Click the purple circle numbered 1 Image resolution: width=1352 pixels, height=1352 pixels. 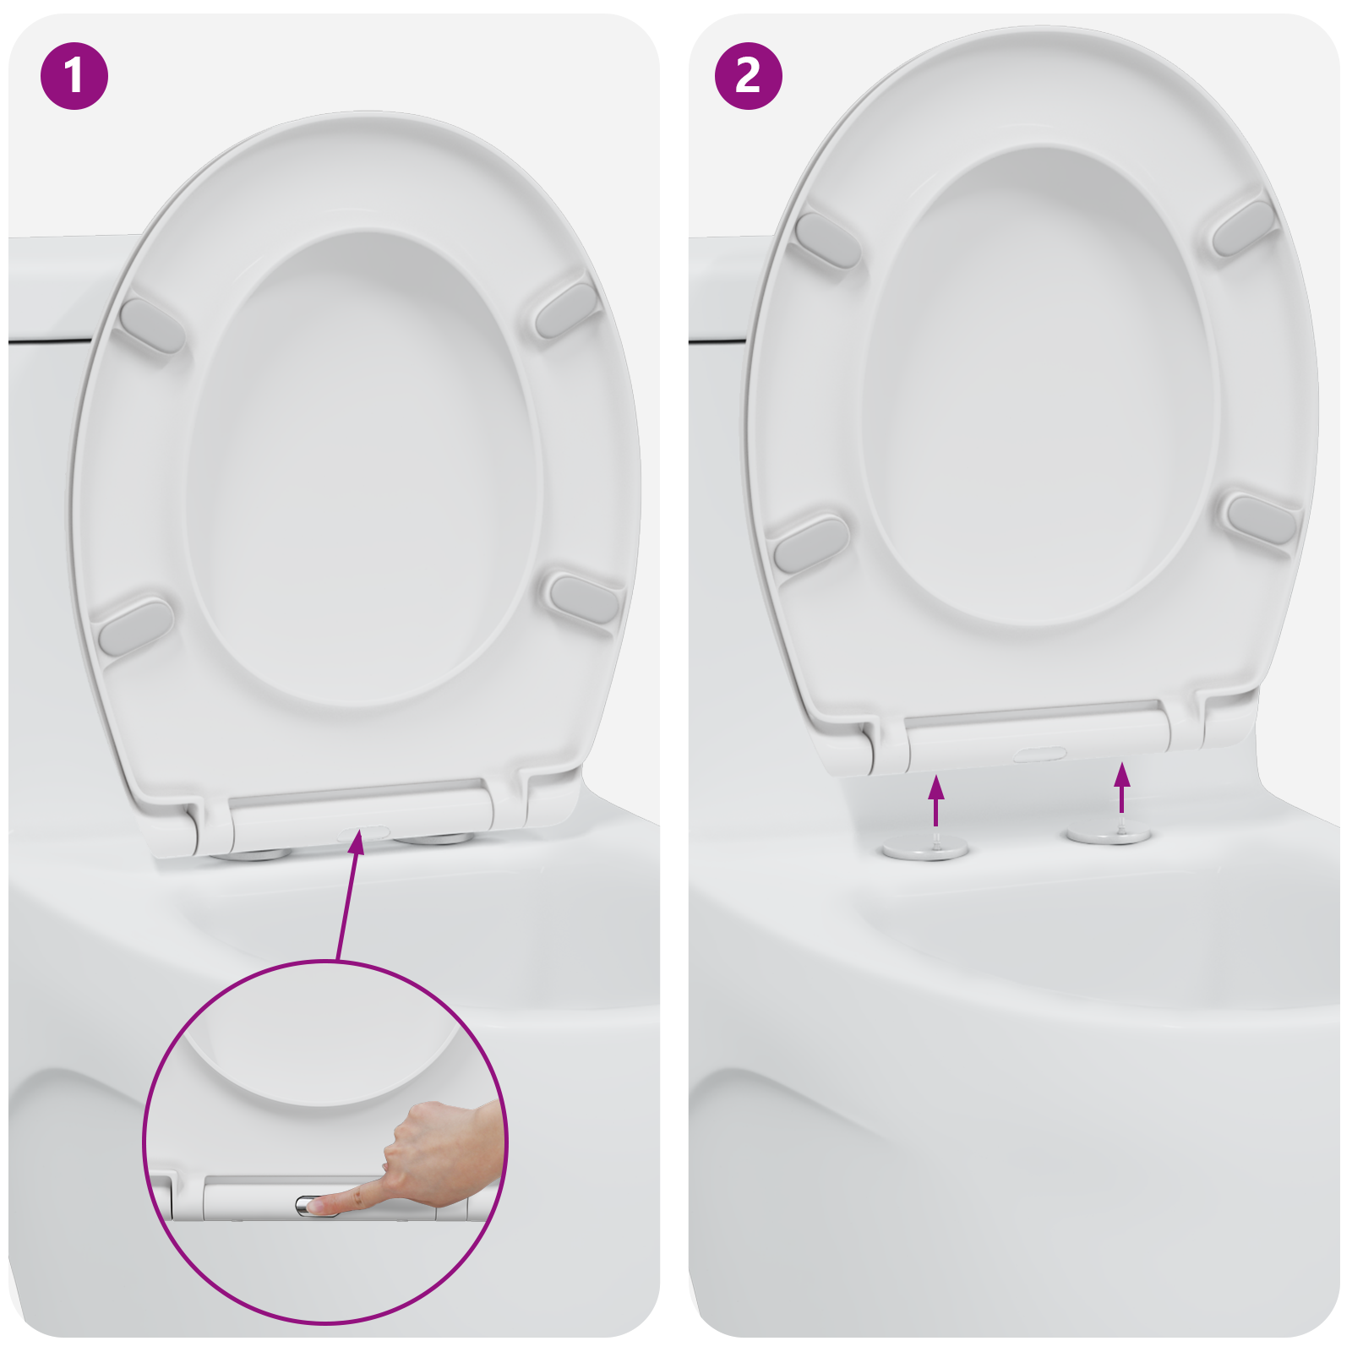click(74, 76)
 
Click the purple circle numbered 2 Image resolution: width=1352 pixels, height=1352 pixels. click(748, 76)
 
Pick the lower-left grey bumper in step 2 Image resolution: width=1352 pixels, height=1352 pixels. click(810, 542)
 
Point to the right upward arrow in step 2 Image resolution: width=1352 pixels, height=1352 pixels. click(1121, 786)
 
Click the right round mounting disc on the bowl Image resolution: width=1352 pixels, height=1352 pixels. click(1109, 835)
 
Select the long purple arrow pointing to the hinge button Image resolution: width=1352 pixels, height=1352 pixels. click(348, 896)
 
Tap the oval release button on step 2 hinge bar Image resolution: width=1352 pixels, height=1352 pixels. click(1039, 752)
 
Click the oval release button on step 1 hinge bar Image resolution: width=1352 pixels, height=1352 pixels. click(363, 832)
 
